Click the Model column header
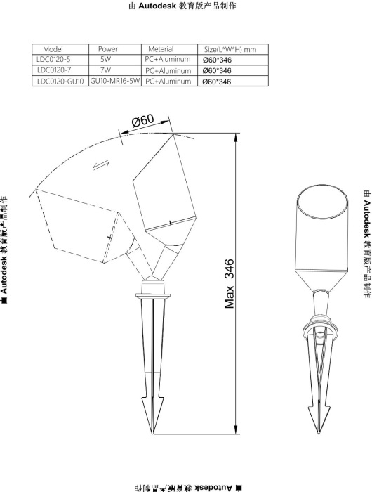coord(53,49)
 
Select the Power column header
coord(108,49)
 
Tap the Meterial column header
coord(161,49)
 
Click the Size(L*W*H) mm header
coord(230,49)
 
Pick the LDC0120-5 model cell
coord(53,59)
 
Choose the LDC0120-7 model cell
coord(54,70)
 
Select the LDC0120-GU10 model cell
coord(60,82)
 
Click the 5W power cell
coord(105,59)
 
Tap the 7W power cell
coord(105,70)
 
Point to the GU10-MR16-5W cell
coord(115,81)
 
